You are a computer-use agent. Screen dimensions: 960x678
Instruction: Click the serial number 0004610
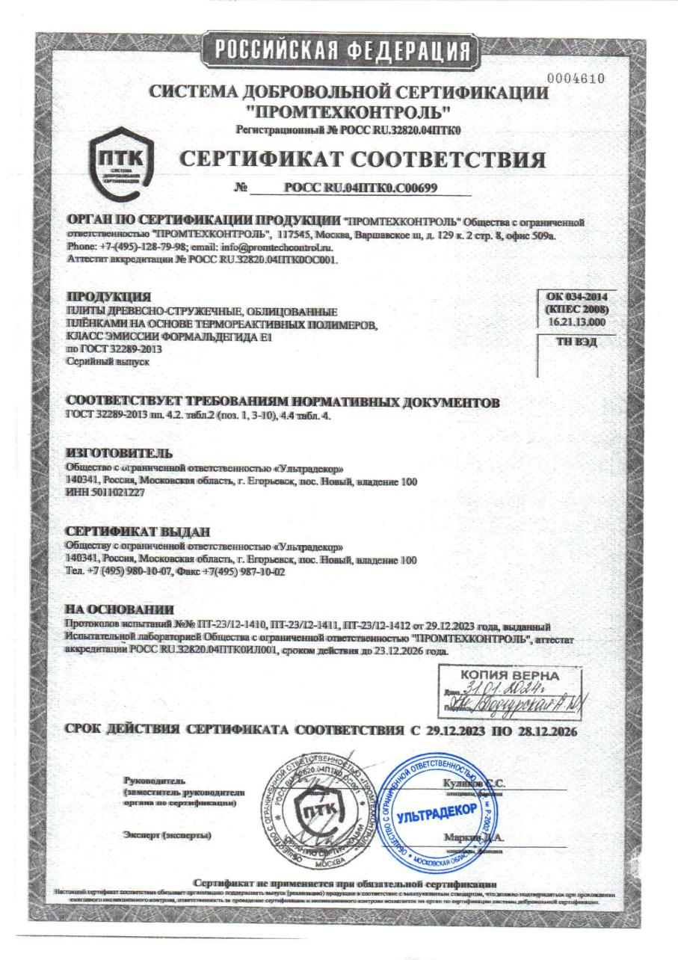[x=576, y=79]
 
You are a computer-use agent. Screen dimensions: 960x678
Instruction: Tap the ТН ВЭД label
[x=576, y=343]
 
